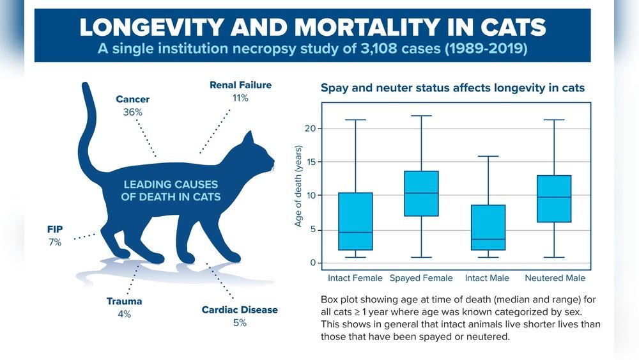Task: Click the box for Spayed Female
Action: [x=422, y=193]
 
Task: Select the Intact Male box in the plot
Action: [x=488, y=227]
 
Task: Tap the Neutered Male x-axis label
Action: [x=555, y=278]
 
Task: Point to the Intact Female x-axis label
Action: [x=355, y=278]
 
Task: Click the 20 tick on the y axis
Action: [x=310, y=129]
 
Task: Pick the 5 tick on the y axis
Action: [x=312, y=230]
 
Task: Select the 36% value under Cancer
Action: [x=132, y=112]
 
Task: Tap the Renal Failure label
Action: [x=240, y=85]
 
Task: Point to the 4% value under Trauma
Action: [x=124, y=314]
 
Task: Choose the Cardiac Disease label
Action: [x=240, y=309]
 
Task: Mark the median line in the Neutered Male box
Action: [x=554, y=198]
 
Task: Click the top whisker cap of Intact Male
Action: [x=488, y=156]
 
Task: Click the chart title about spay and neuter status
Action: [x=452, y=88]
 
